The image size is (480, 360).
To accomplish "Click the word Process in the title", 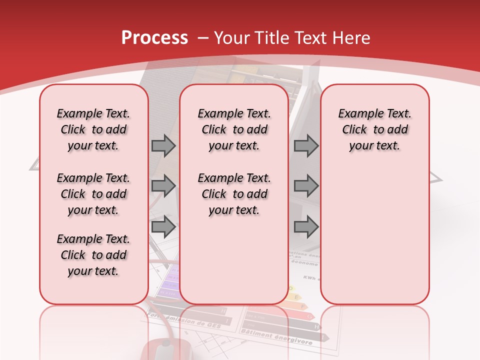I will (x=154, y=37).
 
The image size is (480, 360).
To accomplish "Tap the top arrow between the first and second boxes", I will (x=163, y=146).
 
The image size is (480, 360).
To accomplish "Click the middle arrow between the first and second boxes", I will (x=163, y=186).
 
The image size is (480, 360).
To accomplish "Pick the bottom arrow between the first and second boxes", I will (x=163, y=227).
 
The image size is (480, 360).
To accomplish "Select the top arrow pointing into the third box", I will (x=306, y=146).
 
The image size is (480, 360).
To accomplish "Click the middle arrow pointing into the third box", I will (x=306, y=186).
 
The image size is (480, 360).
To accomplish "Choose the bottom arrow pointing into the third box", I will (x=306, y=227).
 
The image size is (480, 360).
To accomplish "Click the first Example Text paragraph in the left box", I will (x=93, y=129).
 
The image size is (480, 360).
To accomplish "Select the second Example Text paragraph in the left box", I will (x=93, y=194).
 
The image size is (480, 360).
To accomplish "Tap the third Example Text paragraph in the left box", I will (x=93, y=255).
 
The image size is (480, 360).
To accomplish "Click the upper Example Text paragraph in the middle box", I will (x=234, y=129).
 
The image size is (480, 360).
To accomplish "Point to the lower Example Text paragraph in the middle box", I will (x=234, y=194).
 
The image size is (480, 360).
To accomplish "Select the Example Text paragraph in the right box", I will (x=375, y=129).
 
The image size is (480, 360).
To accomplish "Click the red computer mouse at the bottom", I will (x=165, y=350).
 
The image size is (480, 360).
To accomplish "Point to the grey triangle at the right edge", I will (x=436, y=177).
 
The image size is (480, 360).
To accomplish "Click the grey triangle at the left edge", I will (x=34, y=165).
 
